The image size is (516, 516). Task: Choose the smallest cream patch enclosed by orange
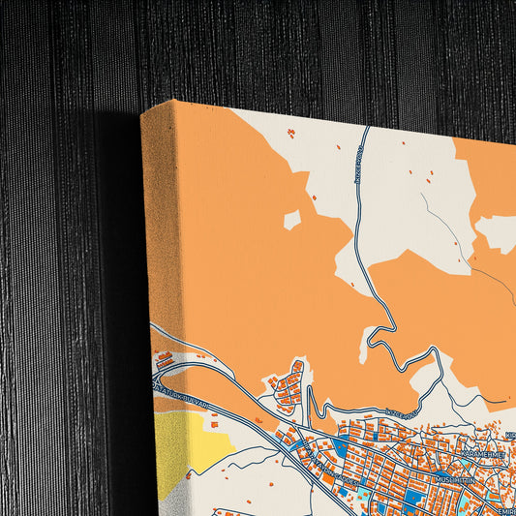(291, 220)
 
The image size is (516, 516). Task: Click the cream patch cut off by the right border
(498, 233)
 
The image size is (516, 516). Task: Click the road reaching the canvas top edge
(367, 130)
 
